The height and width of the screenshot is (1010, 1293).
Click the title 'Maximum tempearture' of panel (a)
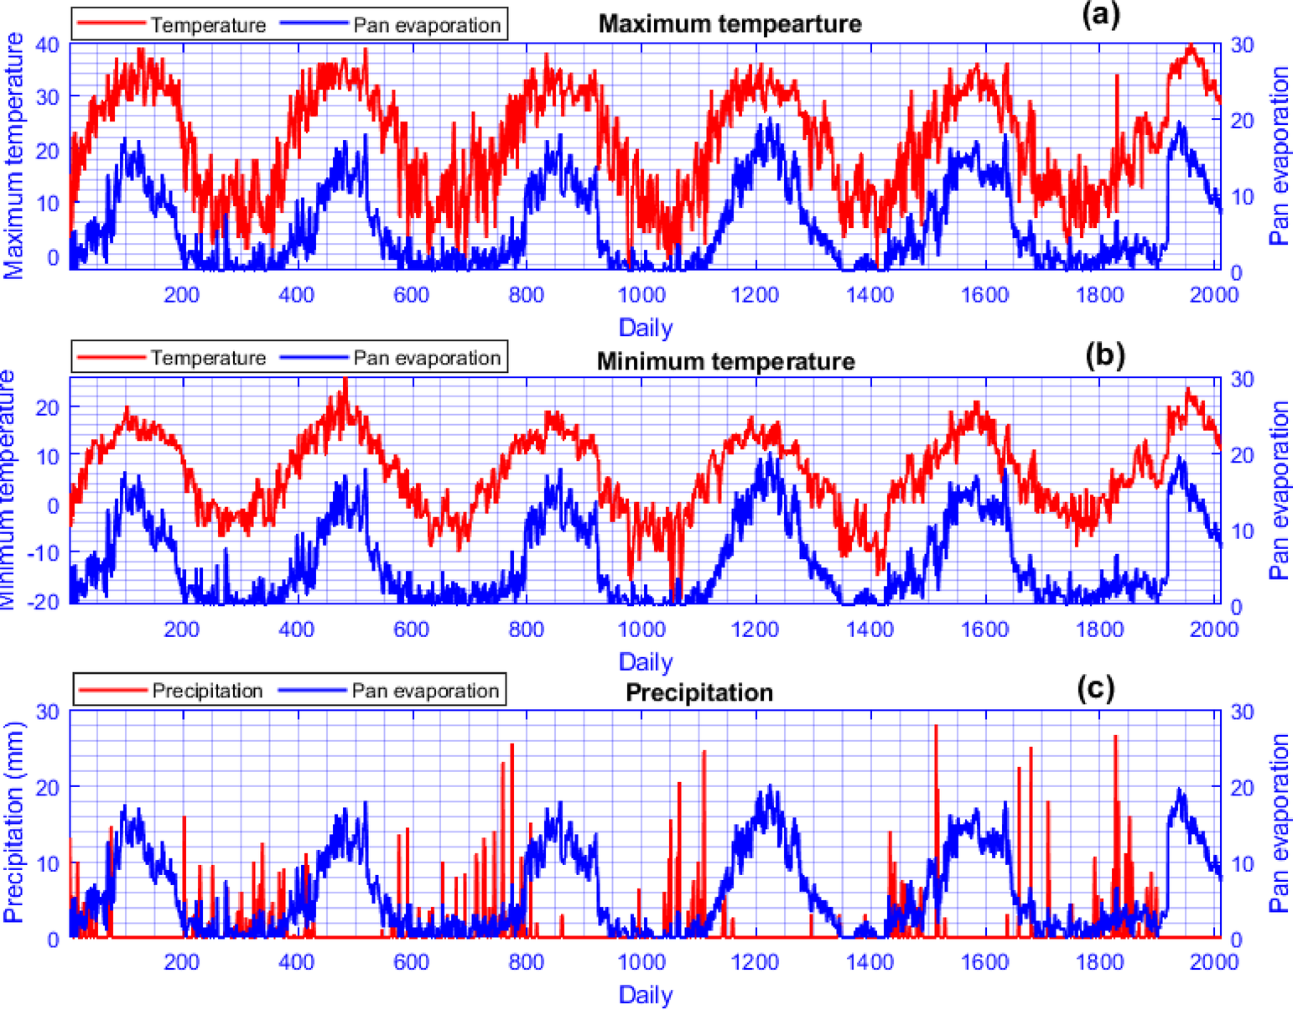click(x=729, y=23)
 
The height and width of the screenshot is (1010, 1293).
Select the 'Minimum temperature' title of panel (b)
click(x=725, y=361)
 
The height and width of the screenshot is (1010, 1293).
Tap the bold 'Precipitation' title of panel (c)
click(x=699, y=692)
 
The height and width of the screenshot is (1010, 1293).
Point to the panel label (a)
click(x=1100, y=16)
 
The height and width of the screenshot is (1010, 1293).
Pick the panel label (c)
click(x=1095, y=688)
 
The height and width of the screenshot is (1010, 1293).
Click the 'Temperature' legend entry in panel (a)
click(x=207, y=25)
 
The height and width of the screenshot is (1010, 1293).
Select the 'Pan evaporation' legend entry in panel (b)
click(x=426, y=358)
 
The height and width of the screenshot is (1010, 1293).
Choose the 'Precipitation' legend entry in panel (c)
click(x=206, y=691)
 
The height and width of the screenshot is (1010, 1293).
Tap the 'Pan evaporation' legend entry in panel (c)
click(x=424, y=691)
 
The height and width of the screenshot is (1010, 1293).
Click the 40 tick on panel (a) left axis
click(x=47, y=44)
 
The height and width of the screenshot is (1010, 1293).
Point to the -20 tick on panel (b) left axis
click(x=42, y=602)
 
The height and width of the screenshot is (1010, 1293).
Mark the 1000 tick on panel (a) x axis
click(x=641, y=295)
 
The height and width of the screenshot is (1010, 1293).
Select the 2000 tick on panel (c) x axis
click(x=1214, y=961)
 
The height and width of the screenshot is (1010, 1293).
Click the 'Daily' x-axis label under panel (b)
click(x=645, y=661)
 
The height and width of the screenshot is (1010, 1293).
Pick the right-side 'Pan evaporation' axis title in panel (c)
click(x=1279, y=823)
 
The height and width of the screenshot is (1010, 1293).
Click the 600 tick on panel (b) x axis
click(x=411, y=629)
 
